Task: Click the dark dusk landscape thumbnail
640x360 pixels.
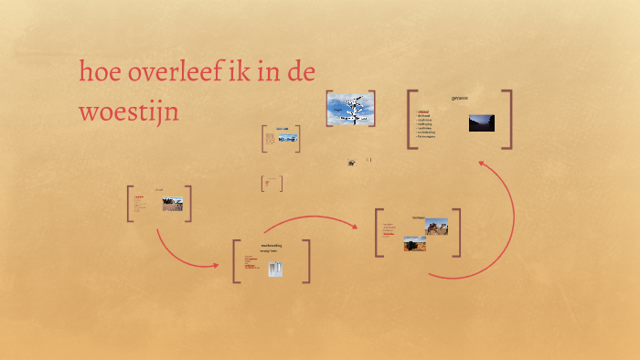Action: point(481,122)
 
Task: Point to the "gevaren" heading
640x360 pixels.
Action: point(459,97)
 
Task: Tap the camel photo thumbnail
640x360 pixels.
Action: point(436,226)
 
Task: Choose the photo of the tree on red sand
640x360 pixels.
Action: point(414,243)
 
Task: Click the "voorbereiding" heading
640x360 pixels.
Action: point(272,245)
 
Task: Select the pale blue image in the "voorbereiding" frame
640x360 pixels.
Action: point(275,269)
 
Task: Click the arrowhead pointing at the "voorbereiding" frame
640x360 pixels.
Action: point(217,266)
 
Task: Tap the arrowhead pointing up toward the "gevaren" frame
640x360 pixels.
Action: point(482,164)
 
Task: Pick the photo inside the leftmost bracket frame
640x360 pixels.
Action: point(172,204)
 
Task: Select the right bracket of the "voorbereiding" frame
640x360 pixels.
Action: point(307,261)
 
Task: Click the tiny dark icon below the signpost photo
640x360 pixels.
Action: point(351,163)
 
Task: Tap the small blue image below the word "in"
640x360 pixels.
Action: point(287,138)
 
